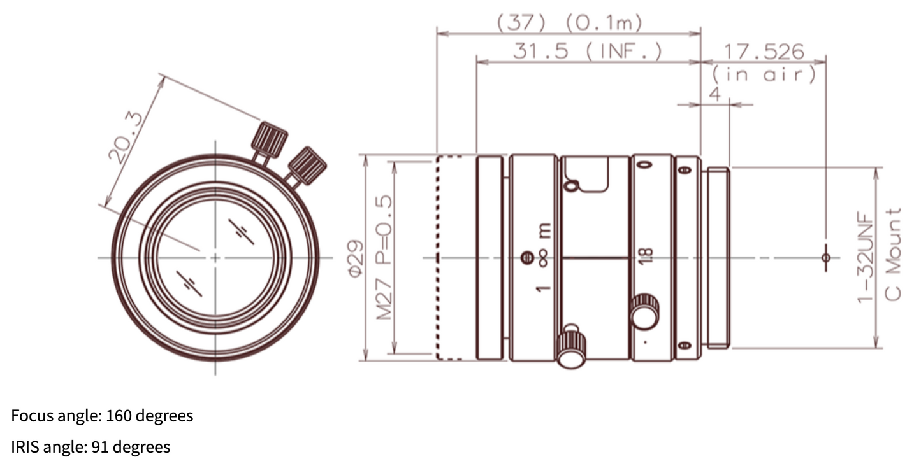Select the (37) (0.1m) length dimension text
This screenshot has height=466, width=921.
click(569, 24)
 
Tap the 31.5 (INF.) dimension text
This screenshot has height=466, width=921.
click(587, 52)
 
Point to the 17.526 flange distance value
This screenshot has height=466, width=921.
click(762, 52)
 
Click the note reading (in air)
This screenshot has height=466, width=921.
click(764, 74)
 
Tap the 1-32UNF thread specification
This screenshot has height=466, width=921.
click(865, 258)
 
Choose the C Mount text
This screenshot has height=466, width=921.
click(895, 255)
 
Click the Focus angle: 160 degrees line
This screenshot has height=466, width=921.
click(102, 416)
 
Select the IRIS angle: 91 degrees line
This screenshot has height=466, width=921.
click(91, 447)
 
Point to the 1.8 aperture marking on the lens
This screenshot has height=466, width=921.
click(646, 257)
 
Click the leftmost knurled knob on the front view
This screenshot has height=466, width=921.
click(270, 139)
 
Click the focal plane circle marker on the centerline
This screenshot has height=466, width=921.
click(826, 258)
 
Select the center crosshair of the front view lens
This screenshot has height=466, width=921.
click(215, 258)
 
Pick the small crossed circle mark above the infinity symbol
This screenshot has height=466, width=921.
click(526, 258)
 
